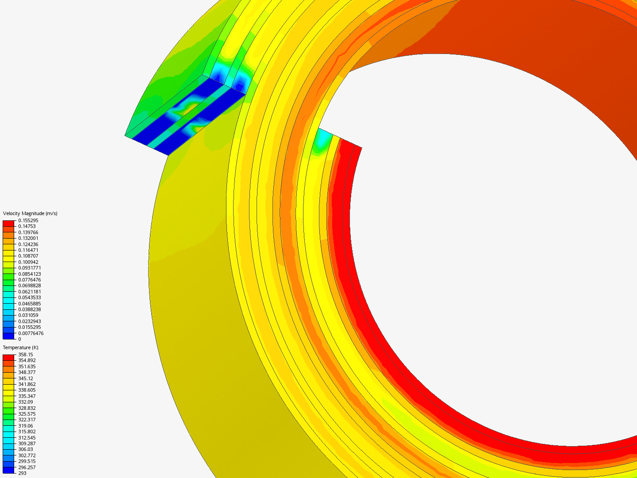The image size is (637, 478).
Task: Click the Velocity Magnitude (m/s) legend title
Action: coord(30,213)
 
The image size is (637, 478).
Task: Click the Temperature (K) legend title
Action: coord(21,347)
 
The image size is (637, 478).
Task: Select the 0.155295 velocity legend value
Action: coord(28,220)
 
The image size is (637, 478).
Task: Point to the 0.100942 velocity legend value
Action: coord(28,262)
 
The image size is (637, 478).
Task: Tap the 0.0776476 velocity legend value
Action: coord(30,280)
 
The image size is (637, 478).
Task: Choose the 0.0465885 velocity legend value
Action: coord(30,304)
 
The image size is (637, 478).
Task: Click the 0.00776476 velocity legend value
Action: coord(31,333)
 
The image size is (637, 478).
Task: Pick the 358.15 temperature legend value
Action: coord(26,355)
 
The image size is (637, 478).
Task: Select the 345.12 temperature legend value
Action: coord(26,378)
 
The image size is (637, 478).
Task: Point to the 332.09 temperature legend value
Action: coord(26,402)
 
